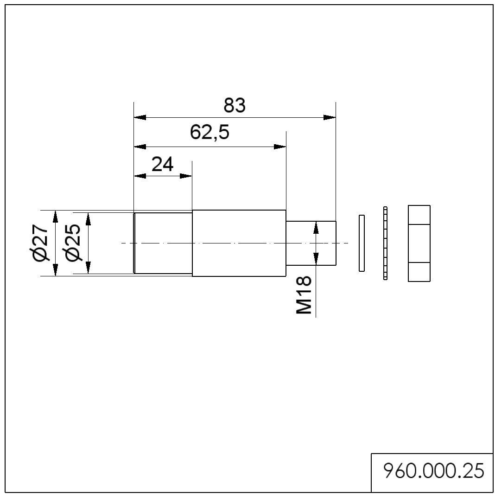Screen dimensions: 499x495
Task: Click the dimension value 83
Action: click(234, 106)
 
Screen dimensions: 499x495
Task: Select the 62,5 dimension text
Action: click(209, 133)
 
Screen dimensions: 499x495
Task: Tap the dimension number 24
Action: click(163, 164)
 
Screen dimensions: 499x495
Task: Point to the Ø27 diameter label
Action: click(40, 243)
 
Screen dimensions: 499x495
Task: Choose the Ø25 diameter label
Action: click(73, 243)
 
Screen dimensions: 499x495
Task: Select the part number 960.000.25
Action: click(433, 472)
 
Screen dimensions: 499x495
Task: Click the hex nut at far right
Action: click(419, 243)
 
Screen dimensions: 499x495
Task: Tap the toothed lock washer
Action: click(385, 243)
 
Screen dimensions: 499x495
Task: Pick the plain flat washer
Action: click(362, 243)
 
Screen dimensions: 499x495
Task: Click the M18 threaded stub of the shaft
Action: click(311, 243)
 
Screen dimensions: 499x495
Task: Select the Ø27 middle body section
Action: click(239, 243)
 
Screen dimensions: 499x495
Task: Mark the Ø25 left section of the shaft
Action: click(163, 243)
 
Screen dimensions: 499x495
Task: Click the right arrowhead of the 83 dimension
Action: click(330, 117)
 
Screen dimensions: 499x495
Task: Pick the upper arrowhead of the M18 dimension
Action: click(316, 227)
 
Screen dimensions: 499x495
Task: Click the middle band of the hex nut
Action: click(419, 243)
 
